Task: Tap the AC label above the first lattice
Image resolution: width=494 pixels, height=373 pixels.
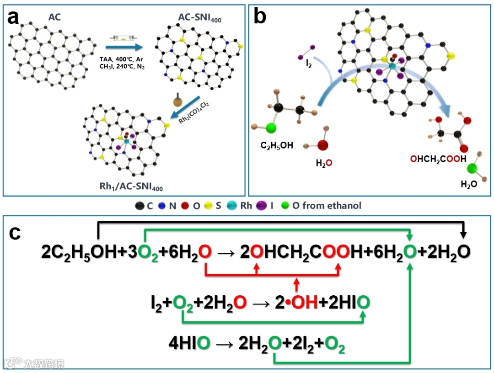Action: pyautogui.click(x=54, y=17)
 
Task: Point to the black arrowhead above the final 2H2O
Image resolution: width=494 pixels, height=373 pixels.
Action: pyautogui.click(x=464, y=234)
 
